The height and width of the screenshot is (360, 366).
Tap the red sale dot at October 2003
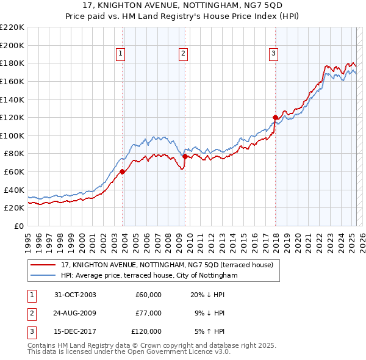[123, 171]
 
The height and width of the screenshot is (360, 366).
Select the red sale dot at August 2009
[185, 156]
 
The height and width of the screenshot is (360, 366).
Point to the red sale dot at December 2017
[275, 117]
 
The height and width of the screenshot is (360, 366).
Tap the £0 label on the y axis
[19, 226]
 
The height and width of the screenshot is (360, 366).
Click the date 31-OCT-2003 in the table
[75, 295]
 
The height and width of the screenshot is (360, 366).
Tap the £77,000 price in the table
[148, 313]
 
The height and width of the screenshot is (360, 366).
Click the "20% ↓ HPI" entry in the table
[207, 295]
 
